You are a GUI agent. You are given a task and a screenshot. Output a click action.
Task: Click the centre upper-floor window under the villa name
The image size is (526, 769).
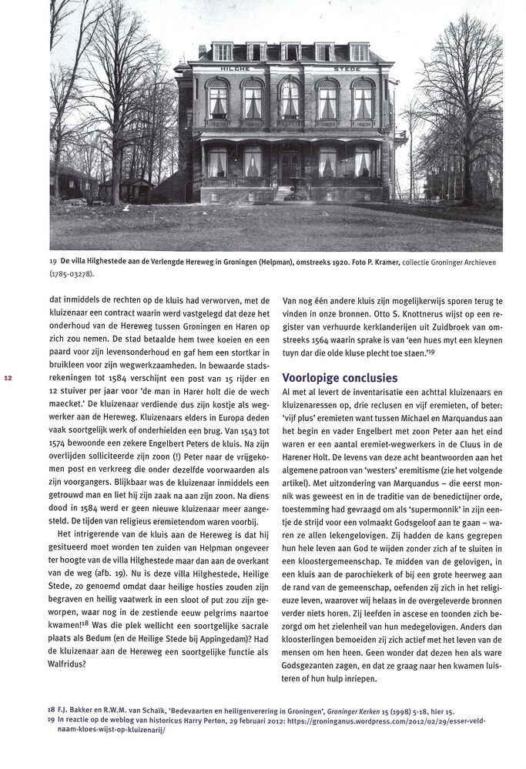[x=290, y=99]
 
